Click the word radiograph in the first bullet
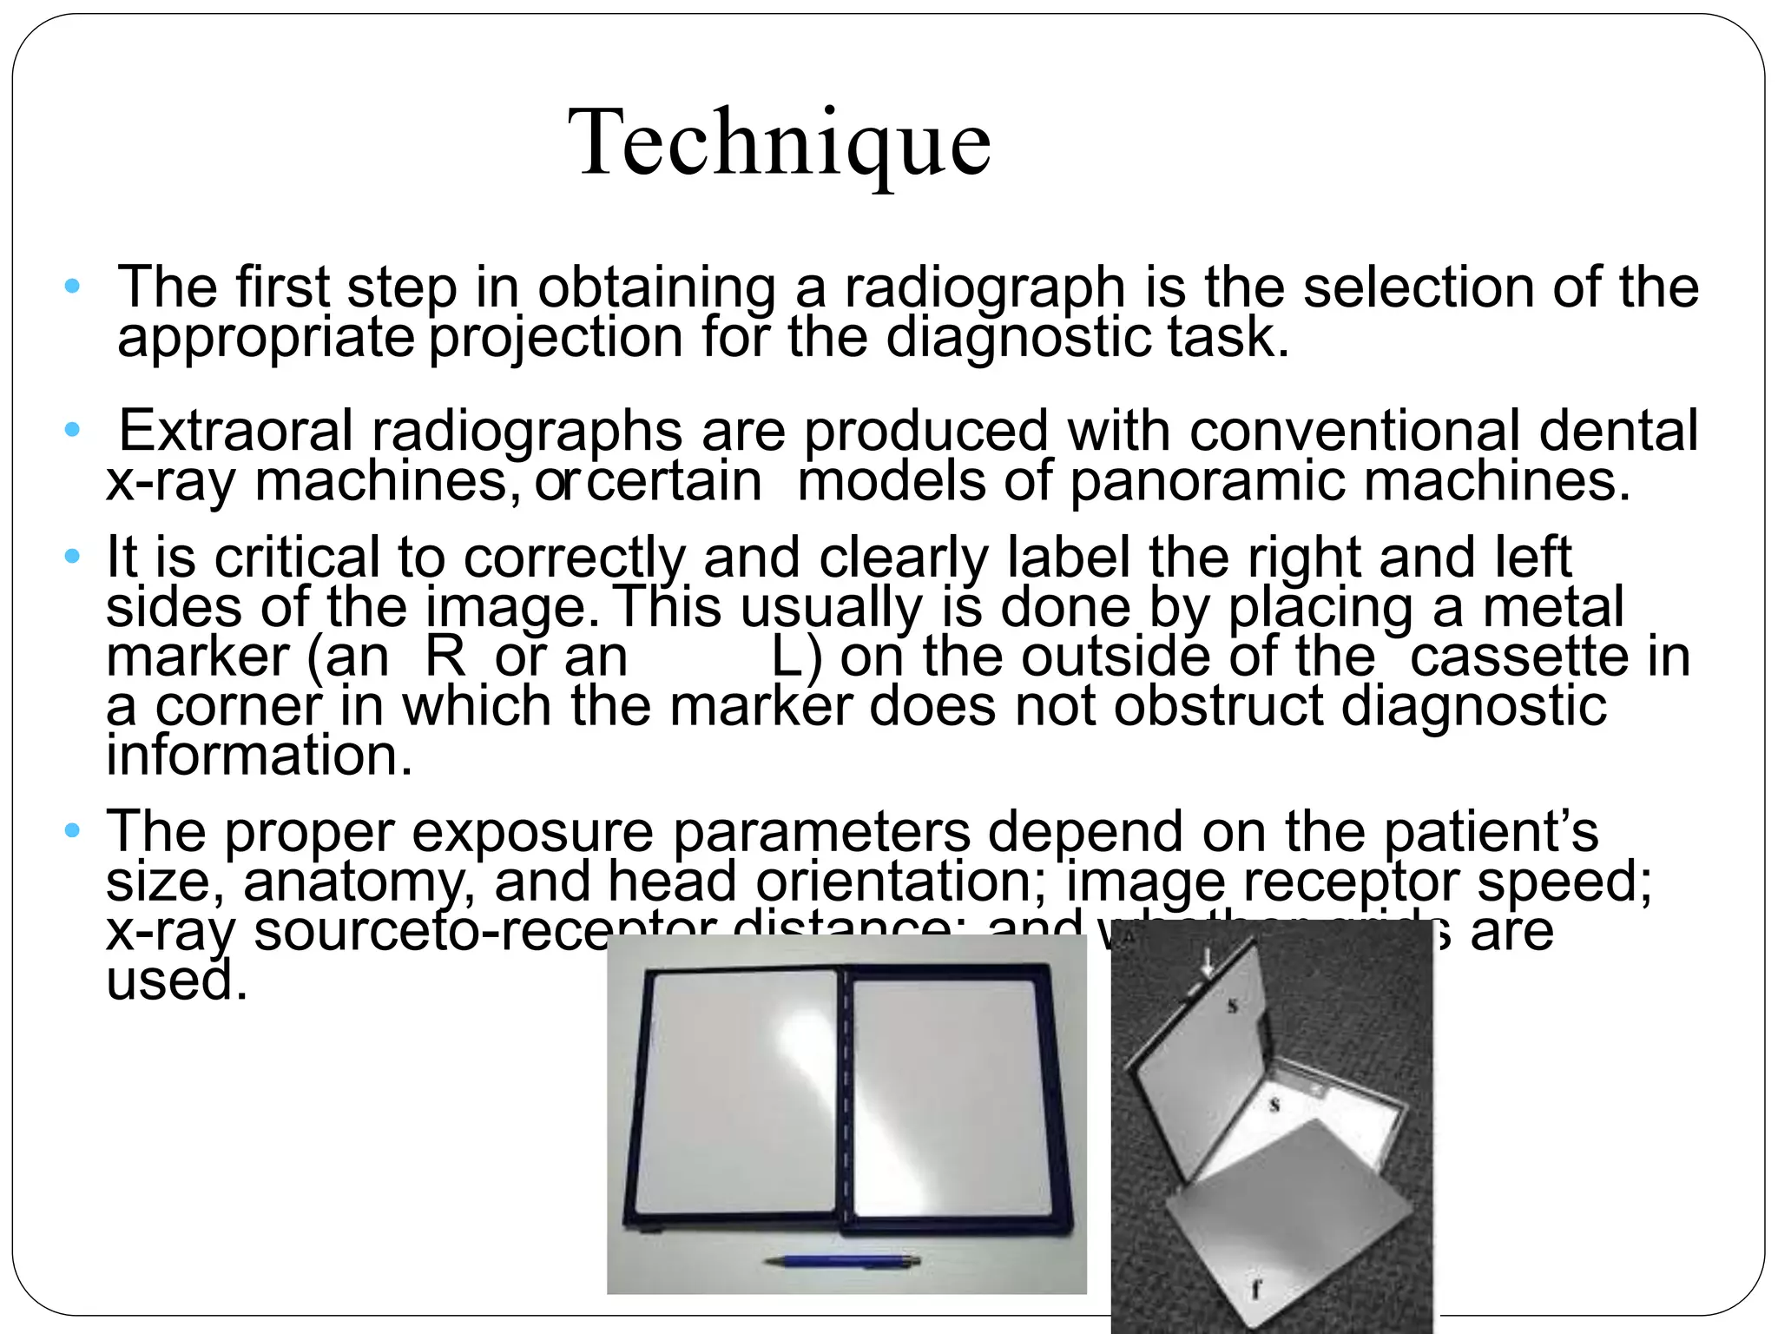click(x=984, y=288)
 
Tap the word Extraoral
click(x=234, y=431)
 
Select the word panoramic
click(x=1208, y=482)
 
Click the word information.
click(x=259, y=756)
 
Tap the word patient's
click(x=1490, y=831)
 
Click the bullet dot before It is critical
click(x=72, y=555)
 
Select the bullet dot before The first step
click(x=72, y=286)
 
